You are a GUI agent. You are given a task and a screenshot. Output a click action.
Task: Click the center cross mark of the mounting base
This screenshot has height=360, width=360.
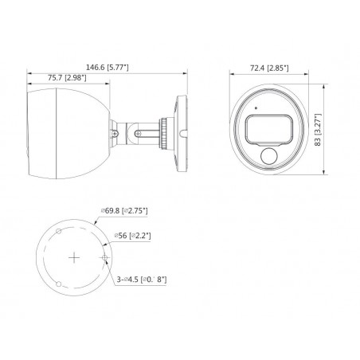73,257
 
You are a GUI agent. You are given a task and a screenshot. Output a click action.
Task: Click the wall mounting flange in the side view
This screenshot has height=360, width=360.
180,127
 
